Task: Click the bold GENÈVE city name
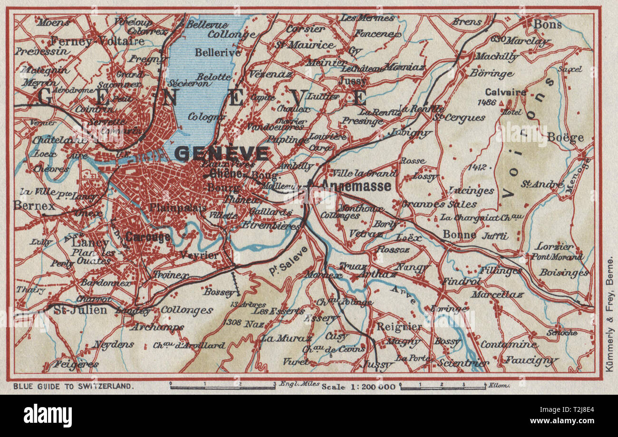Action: coord(222,153)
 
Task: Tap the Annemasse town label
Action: coord(356,186)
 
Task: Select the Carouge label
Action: coord(148,237)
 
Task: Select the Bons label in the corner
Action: coord(548,24)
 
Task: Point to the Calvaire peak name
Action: coord(505,92)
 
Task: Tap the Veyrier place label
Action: coord(199,255)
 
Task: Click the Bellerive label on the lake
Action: coord(218,53)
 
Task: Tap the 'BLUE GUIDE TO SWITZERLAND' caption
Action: coord(71,386)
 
